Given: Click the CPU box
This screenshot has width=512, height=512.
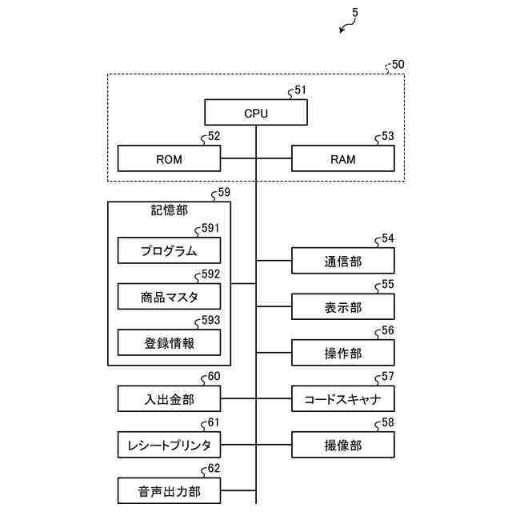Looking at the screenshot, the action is click(x=256, y=112).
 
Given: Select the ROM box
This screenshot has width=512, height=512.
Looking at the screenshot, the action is click(x=169, y=158).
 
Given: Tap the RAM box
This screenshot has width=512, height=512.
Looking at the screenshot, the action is click(x=343, y=158).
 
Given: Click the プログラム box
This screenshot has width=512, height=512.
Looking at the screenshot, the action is click(x=169, y=250).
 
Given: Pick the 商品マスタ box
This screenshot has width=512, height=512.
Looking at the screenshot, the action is click(x=169, y=297).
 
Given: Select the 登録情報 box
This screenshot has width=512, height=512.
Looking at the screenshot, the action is click(x=169, y=342).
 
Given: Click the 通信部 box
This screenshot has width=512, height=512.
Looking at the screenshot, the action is click(x=343, y=261).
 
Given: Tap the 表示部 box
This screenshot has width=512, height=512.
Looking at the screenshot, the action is click(x=343, y=306).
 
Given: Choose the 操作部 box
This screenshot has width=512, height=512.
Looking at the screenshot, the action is click(x=343, y=353).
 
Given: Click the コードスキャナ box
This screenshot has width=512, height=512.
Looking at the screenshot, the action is click(x=343, y=398).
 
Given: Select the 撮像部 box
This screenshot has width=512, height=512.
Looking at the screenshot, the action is click(x=343, y=445).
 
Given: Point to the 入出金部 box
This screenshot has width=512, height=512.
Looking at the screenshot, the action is click(x=169, y=398).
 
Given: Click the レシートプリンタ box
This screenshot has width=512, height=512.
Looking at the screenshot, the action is click(x=169, y=445).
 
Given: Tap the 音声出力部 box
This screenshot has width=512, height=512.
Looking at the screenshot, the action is click(x=169, y=490).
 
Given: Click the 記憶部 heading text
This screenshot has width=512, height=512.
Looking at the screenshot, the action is click(x=169, y=210).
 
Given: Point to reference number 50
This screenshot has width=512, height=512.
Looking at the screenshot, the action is click(x=398, y=64).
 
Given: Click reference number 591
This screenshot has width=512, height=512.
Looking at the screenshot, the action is click(x=210, y=228).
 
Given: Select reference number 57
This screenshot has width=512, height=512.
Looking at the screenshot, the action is click(x=387, y=377).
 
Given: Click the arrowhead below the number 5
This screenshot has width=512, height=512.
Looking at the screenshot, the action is click(x=341, y=30).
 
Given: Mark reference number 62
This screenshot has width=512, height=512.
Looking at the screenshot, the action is click(x=214, y=468).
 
